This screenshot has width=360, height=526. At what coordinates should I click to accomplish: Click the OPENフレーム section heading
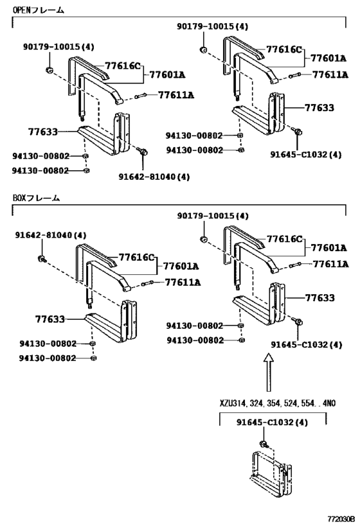click(x=38, y=10)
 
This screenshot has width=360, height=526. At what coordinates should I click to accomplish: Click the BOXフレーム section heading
click(x=36, y=198)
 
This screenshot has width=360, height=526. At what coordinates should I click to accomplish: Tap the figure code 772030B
click(x=341, y=519)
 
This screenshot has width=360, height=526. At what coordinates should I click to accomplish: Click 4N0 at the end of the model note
click(x=328, y=403)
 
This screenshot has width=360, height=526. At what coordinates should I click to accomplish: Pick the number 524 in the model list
click(x=290, y=403)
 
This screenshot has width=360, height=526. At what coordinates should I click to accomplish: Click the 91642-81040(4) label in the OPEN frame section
click(x=154, y=176)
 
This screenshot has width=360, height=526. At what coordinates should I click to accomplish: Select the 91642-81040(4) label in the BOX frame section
click(x=50, y=235)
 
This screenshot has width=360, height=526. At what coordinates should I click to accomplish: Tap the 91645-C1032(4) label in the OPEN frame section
click(x=306, y=154)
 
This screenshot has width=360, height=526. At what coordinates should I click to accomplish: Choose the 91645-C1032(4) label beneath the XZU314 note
click(x=272, y=422)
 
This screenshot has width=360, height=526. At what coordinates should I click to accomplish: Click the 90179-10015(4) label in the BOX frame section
click(x=213, y=216)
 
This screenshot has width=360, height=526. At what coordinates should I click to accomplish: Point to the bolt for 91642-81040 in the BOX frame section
click(x=42, y=259)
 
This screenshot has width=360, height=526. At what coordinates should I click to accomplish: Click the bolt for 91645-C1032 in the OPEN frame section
click(x=297, y=131)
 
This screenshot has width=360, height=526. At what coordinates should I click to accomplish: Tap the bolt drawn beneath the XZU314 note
click(x=264, y=444)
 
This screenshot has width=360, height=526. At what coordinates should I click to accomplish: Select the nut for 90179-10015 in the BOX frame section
click(x=204, y=239)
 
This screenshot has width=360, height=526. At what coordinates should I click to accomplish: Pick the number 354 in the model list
click(x=273, y=403)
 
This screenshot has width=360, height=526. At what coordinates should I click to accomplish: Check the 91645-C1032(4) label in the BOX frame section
click(x=307, y=344)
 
